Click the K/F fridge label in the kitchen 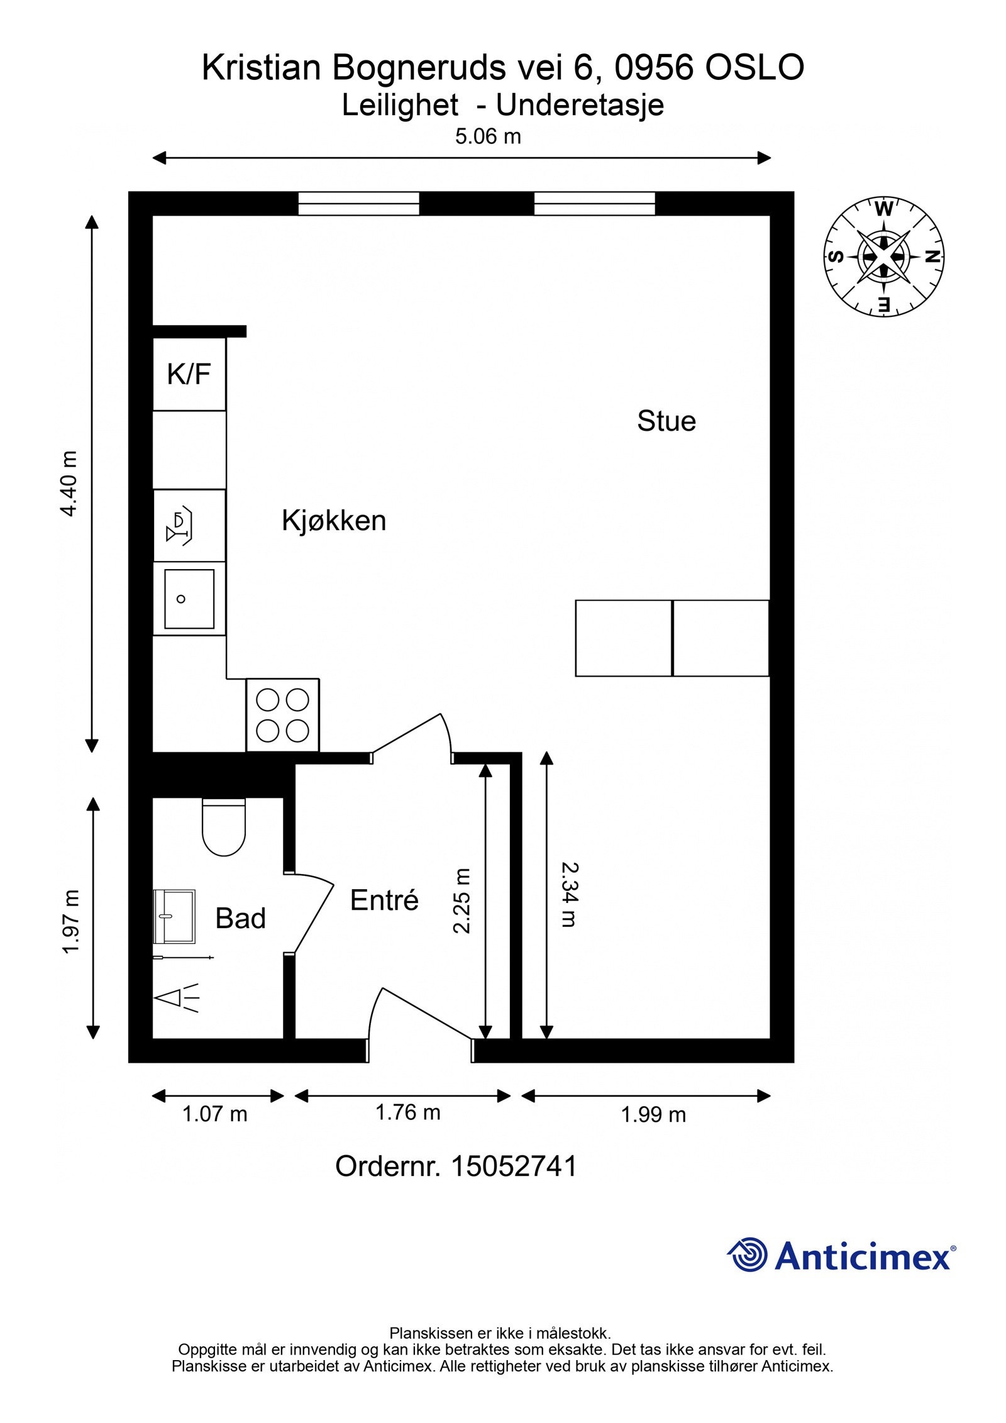click(x=189, y=374)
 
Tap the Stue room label click(x=666, y=421)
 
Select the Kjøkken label click(x=334, y=521)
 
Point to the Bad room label click(x=240, y=918)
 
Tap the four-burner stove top click(x=282, y=715)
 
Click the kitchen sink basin click(x=189, y=599)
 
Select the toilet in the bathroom click(x=223, y=827)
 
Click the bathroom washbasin click(x=174, y=916)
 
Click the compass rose click(x=884, y=257)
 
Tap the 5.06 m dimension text click(x=488, y=136)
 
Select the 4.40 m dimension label click(x=69, y=484)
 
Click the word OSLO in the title click(x=754, y=67)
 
